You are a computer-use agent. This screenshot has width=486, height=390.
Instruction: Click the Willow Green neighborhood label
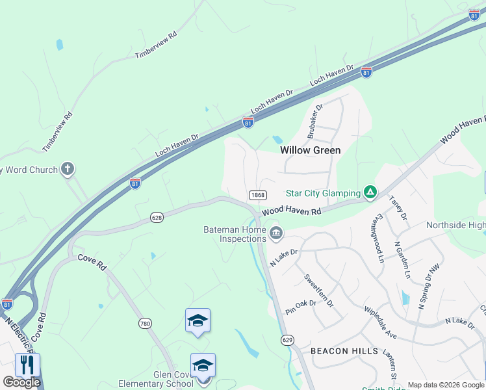point(310,149)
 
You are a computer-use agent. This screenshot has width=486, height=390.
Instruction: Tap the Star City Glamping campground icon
point(370,192)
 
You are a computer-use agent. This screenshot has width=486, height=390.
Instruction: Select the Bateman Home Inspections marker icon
point(276,232)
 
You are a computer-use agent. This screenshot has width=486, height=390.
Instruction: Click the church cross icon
point(67,170)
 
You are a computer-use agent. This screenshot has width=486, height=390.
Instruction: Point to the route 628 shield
point(156,217)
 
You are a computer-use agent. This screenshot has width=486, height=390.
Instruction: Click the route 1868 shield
point(257,195)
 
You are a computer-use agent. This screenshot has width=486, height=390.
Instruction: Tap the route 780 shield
point(146,323)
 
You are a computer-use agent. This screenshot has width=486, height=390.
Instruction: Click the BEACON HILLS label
point(344,351)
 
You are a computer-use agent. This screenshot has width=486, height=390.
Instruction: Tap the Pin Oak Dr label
point(300,307)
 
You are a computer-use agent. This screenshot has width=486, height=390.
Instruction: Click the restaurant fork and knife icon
point(27,365)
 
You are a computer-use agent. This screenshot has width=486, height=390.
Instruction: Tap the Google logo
point(21,382)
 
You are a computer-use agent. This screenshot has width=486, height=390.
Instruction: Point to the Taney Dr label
point(398,207)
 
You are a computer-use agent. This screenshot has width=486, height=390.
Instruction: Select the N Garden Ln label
point(403,260)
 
